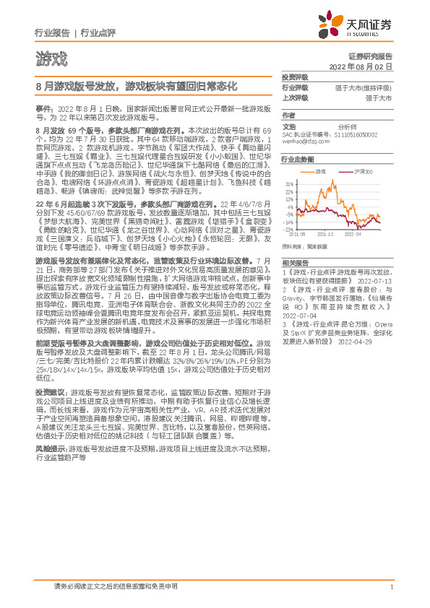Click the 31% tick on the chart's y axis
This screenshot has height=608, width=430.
pyautogui.click(x=289, y=184)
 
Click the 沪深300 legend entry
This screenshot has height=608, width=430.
pyautogui.click(x=362, y=171)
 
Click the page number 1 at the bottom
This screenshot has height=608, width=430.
pyautogui.click(x=391, y=587)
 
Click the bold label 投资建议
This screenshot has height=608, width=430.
pyautogui.click(x=49, y=390)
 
